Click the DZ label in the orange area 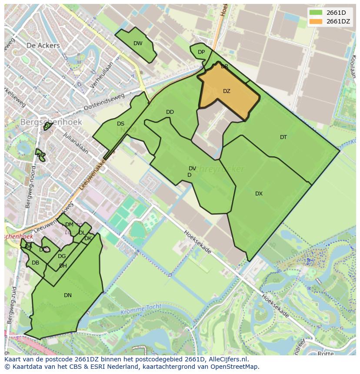227,91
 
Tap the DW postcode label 138,43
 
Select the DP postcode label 201,52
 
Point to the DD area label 170,112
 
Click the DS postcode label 120,124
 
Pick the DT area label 283,137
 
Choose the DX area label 259,194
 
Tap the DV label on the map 192,169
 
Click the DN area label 68,295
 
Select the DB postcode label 36,263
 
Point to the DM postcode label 69,225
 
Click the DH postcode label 63,266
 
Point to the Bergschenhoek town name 51,122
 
